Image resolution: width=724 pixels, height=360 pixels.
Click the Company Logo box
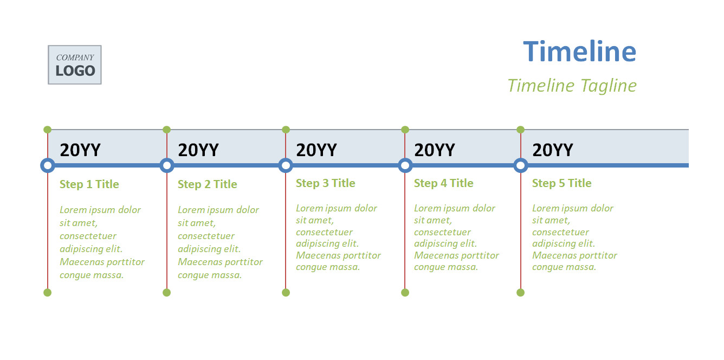tap(75, 65)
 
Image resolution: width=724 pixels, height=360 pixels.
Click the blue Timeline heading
tap(579, 51)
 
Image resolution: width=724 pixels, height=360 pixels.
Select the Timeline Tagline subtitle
tap(572, 86)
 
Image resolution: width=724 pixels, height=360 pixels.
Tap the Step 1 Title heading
tap(89, 184)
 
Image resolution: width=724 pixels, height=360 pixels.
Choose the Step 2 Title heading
tap(207, 184)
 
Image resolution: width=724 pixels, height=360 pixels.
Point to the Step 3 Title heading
tap(326, 183)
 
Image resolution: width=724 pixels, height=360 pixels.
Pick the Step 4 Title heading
tap(443, 183)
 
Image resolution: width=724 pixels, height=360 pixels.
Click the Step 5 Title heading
tap(562, 183)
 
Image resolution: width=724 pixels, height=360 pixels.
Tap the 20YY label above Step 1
tap(80, 150)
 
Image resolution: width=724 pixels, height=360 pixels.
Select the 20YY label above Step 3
tap(316, 150)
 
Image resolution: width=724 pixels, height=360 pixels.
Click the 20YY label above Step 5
tap(553, 150)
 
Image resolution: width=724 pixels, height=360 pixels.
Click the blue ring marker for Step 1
tap(42, 165)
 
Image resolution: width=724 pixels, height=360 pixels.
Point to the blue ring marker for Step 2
tap(161, 165)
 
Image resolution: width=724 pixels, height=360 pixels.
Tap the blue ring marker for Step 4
tap(400, 165)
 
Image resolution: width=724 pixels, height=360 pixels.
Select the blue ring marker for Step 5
tap(515, 165)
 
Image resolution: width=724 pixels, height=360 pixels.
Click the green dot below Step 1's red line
tap(48, 293)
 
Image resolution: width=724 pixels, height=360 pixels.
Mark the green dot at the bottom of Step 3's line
tap(286, 293)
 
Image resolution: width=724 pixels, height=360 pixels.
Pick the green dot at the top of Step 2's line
tap(167, 130)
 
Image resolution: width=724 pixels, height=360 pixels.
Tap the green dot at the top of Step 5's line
tap(521, 130)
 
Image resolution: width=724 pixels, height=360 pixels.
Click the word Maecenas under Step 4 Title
tap(436, 255)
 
